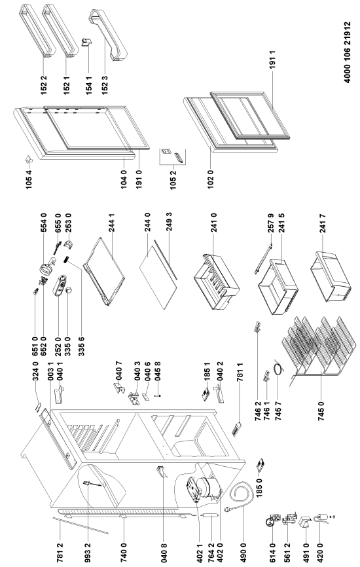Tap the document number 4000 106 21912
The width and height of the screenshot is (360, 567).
click(348, 52)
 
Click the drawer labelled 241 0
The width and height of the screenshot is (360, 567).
click(216, 282)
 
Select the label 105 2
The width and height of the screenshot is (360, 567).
click(173, 179)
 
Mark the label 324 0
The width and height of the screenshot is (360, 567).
click(35, 371)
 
